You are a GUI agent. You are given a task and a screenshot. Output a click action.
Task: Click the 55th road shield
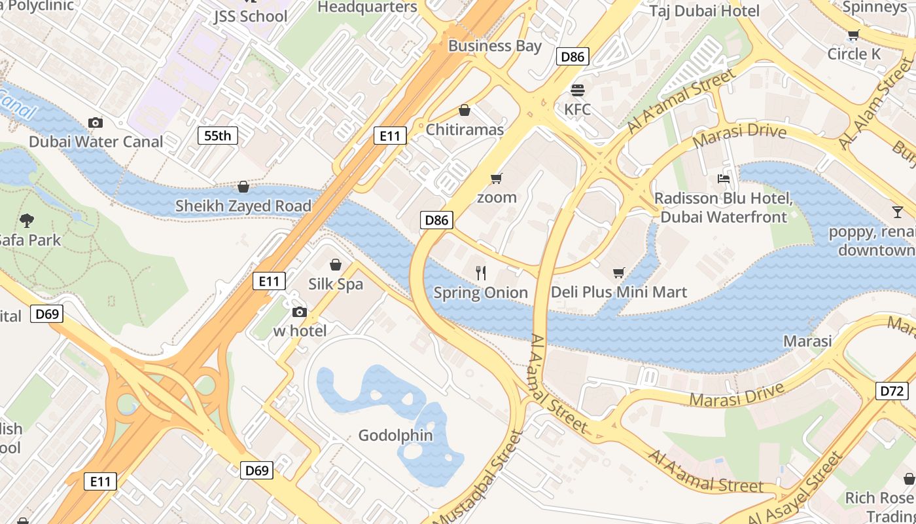tap(218, 136)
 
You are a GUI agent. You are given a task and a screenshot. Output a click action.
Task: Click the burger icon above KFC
tap(577, 90)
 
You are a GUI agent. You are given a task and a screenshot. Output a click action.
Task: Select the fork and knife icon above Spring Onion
tap(481, 272)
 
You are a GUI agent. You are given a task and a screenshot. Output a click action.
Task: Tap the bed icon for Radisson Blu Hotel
tap(724, 178)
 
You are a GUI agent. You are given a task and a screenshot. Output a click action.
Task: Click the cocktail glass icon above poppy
tap(897, 212)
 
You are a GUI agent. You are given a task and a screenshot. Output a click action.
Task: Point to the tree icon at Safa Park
tap(27, 220)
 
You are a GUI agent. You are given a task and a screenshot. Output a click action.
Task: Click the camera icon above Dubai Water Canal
tap(96, 122)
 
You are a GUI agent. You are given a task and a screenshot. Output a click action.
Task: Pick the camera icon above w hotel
tap(300, 312)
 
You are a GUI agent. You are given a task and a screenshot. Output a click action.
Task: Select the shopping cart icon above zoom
tap(497, 178)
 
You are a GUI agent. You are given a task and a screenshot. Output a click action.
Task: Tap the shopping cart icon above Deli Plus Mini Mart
tap(618, 272)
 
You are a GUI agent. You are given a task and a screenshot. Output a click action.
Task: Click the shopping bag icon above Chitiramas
tap(465, 110)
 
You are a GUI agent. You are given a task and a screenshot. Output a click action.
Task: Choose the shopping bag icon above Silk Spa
tap(336, 265)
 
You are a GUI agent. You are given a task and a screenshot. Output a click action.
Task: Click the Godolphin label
tap(396, 435)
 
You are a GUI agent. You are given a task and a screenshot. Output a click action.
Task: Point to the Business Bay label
tap(495, 46)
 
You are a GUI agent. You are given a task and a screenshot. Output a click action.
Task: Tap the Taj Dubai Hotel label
tap(705, 10)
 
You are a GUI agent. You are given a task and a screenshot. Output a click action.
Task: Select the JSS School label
tap(251, 16)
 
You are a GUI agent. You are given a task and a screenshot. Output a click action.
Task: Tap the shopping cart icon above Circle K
tap(853, 35)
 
